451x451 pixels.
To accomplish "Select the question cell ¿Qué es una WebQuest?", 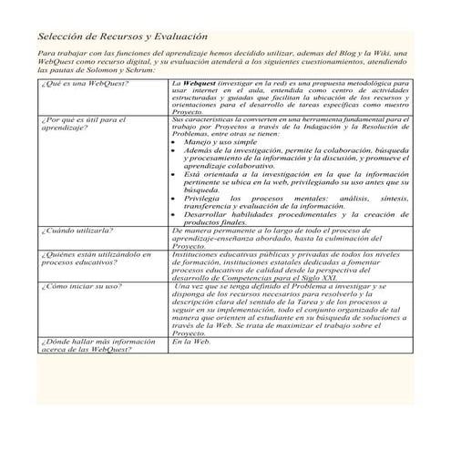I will [85, 84].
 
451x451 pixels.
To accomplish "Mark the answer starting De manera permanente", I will [282, 238].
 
